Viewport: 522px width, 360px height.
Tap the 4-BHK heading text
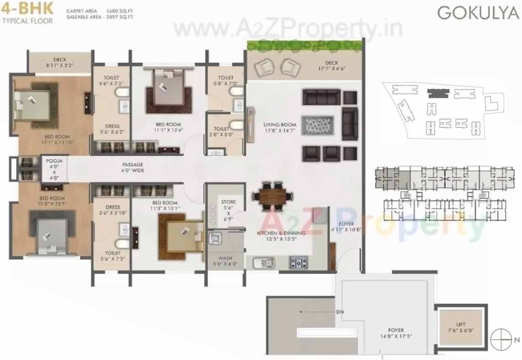pyautogui.click(x=27, y=8)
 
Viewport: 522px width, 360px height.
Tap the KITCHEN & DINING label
pyautogui.click(x=281, y=236)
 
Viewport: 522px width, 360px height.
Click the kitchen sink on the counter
pyautogui.click(x=265, y=262)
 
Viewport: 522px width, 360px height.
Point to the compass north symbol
pyautogui.click(x=500, y=339)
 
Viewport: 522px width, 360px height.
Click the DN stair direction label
pyautogui.click(x=339, y=312)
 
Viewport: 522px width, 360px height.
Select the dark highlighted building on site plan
pyautogui.click(x=437, y=93)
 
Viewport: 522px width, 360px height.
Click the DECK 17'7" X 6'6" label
pyautogui.click(x=335, y=66)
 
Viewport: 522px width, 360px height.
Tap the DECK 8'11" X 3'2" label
pyautogui.click(x=60, y=63)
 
